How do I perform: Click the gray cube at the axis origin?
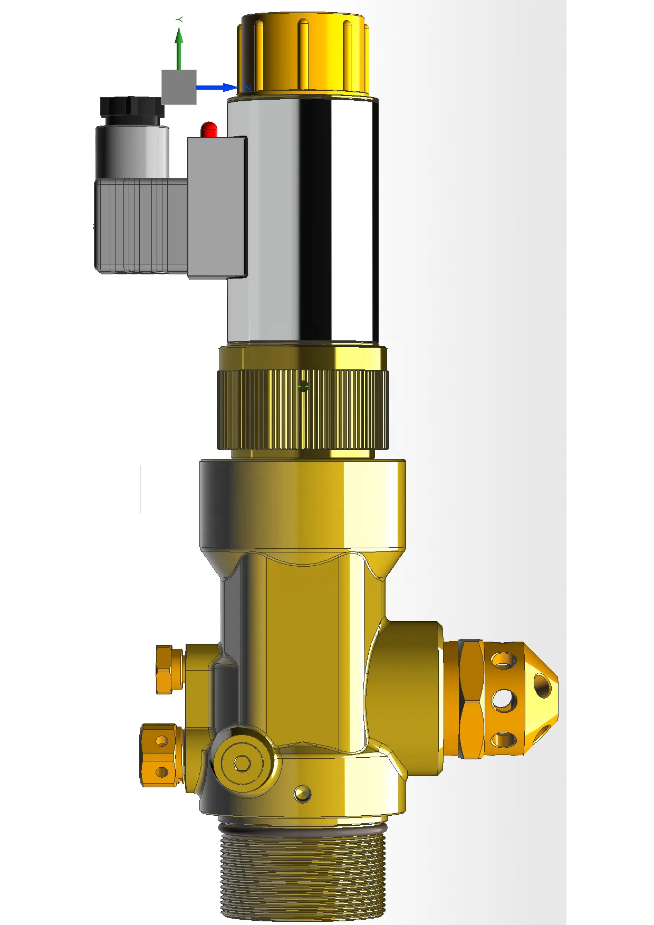click(179, 87)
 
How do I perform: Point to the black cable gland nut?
click(132, 109)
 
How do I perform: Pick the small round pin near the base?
click(302, 793)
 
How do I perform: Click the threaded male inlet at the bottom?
click(303, 876)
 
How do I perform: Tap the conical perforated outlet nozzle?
click(520, 699)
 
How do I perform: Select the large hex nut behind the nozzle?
click(470, 699)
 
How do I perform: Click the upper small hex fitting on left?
click(169, 669)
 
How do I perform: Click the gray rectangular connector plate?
click(217, 207)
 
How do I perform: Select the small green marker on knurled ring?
click(303, 387)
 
